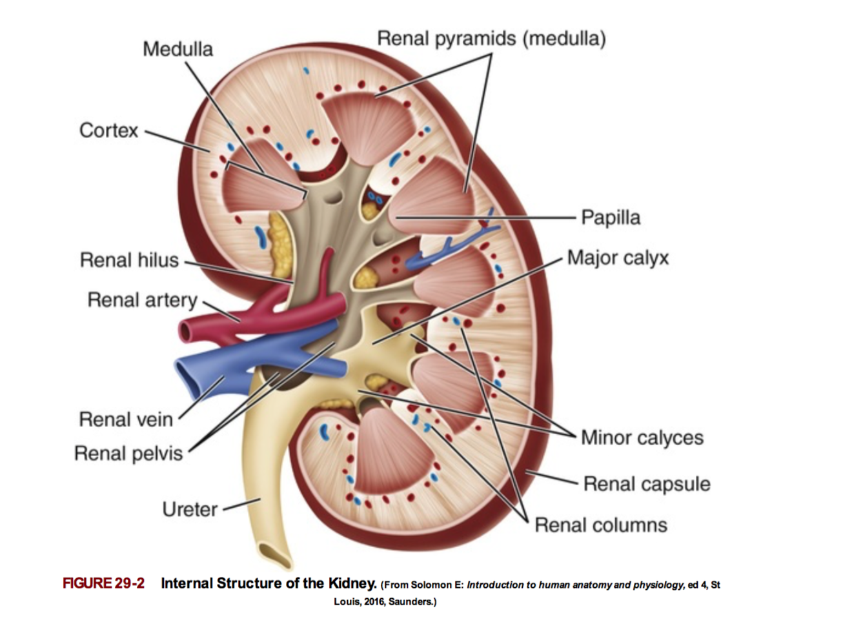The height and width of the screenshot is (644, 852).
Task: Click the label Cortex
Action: [108, 130]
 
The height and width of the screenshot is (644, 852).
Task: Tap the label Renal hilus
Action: [129, 260]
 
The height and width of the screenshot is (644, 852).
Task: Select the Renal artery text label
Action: [142, 300]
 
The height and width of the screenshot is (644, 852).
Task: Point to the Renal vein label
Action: [126, 419]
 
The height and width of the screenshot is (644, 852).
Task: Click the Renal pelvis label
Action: [128, 454]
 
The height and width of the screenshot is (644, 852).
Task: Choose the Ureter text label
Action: [190, 509]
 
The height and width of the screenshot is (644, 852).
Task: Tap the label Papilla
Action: [611, 217]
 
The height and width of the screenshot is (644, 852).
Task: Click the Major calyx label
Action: [618, 258]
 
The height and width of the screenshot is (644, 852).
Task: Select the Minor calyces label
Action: [642, 438]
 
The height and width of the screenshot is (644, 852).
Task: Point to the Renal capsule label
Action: [646, 484]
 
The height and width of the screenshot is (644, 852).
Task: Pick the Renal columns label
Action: [600, 525]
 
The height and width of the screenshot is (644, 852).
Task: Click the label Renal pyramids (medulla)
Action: [491, 39]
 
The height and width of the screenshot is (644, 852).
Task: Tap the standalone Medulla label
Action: [177, 49]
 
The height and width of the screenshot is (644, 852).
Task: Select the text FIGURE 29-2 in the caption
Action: [103, 583]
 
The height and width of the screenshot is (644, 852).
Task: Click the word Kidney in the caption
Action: [351, 583]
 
